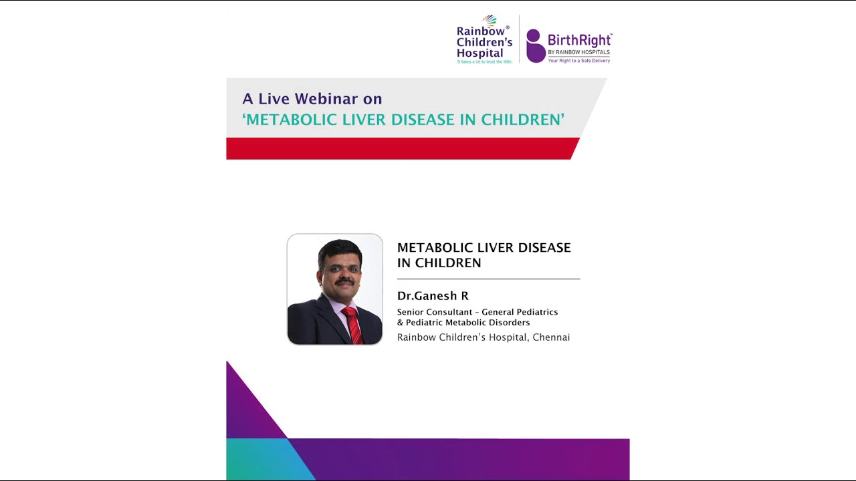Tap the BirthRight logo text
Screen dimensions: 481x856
pos(579,40)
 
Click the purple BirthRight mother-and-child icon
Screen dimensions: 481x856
pos(535,46)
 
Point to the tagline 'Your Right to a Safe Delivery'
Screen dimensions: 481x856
pos(578,60)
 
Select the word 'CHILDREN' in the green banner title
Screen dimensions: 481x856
pos(522,120)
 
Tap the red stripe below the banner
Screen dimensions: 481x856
pos(401,148)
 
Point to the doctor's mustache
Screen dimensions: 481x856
pos(344,281)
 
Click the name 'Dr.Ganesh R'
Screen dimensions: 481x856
pos(433,296)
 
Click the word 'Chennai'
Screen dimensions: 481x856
pos(551,337)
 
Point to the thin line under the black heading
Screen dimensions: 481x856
pos(488,279)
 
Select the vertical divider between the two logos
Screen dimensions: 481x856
pos(519,39)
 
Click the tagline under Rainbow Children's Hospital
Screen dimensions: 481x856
pos(484,61)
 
